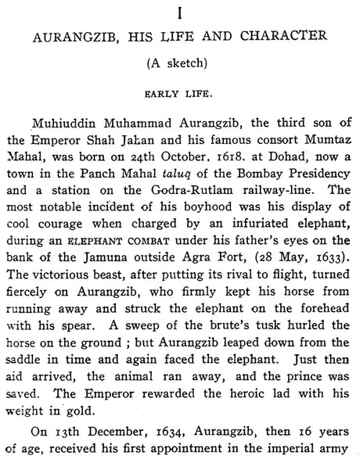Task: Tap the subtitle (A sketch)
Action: point(178,62)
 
